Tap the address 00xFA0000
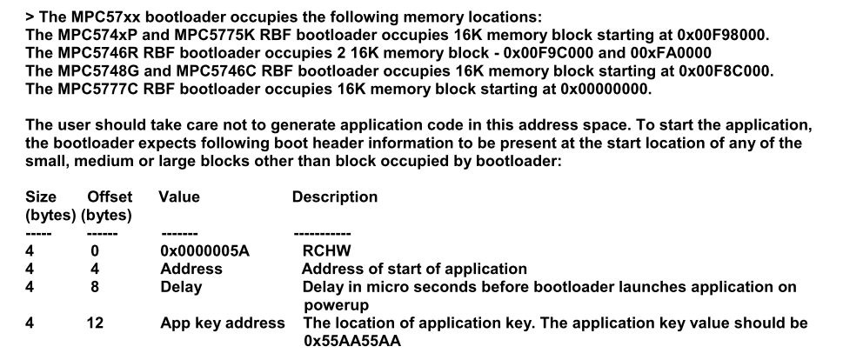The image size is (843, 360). (672, 53)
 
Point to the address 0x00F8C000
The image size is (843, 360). (726, 70)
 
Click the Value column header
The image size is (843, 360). (179, 197)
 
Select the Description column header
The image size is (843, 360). (335, 197)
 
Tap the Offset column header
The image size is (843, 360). (110, 197)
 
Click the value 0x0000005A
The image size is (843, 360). (204, 251)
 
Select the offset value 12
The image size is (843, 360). (95, 323)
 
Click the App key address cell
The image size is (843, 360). (223, 323)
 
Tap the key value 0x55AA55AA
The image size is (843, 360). (352, 341)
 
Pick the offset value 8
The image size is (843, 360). (95, 287)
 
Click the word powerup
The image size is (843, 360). (336, 306)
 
